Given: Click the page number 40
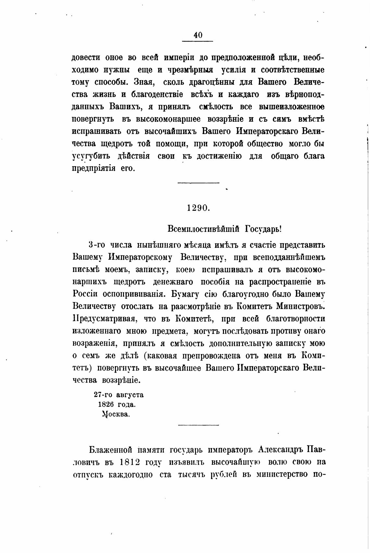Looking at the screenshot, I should point(198,35).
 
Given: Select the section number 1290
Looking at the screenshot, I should point(199,208).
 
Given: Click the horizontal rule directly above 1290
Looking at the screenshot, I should point(199,183).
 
